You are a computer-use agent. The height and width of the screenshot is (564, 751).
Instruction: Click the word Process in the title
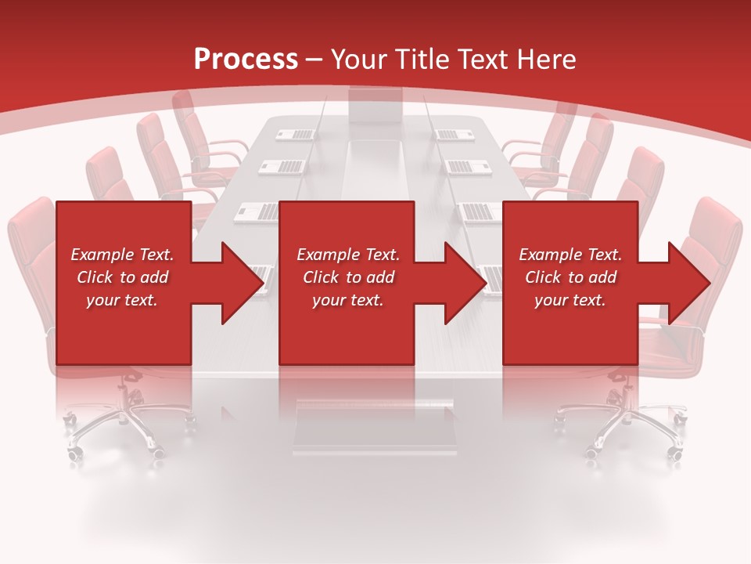pos(246,60)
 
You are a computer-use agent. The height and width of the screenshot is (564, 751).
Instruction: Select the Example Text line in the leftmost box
pos(122,255)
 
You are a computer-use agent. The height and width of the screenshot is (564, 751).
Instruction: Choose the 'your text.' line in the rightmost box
pos(570,300)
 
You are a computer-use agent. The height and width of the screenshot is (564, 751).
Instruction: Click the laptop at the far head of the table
pos(375,107)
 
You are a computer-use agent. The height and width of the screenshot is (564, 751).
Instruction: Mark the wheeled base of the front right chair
pos(622,427)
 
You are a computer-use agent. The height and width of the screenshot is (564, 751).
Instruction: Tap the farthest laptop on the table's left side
pos(295,134)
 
